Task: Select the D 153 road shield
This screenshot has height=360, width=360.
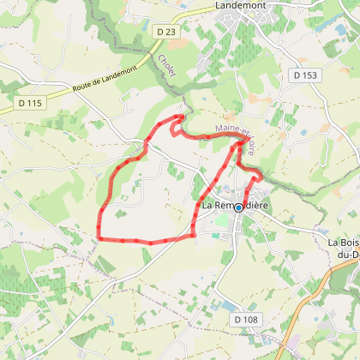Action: (x=304, y=75)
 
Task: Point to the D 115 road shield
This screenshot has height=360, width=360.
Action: (x=29, y=103)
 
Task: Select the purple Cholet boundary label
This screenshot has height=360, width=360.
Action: (x=166, y=68)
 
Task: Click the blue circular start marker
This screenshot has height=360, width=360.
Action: (x=238, y=207)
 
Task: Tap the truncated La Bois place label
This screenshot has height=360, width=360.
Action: (x=344, y=243)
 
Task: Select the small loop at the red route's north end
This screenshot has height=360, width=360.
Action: (x=177, y=124)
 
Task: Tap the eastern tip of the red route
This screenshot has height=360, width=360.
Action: (x=261, y=175)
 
